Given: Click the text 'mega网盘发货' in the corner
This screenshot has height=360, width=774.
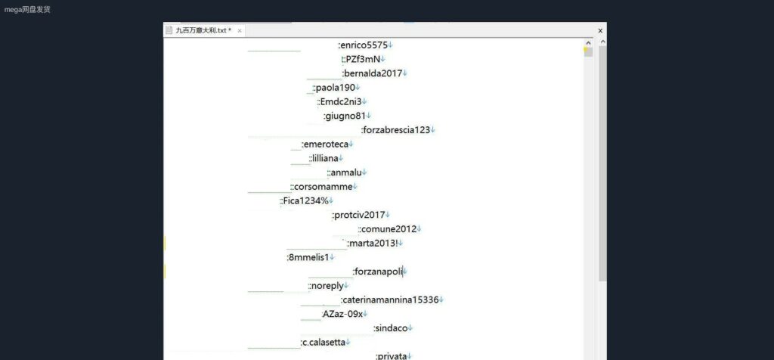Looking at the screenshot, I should (28, 10).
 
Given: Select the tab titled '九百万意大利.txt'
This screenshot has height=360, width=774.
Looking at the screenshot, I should (203, 30).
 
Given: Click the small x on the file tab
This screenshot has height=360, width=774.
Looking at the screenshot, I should (240, 31).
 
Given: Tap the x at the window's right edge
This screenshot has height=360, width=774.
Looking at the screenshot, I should (600, 31).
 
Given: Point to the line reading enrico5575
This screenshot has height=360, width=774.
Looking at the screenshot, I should (364, 45).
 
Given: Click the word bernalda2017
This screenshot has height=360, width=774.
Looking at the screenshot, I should (373, 73).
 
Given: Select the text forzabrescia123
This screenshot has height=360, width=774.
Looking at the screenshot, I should (397, 130).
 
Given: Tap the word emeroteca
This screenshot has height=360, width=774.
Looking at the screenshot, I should (326, 144).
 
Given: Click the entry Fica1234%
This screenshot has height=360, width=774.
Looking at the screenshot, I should (305, 201).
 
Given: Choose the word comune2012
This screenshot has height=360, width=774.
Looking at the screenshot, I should (388, 229).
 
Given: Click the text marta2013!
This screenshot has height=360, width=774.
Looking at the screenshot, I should (373, 244).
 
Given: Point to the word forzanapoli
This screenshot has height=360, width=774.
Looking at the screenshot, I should (378, 272).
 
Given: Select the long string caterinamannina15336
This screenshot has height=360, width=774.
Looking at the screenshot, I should (390, 300).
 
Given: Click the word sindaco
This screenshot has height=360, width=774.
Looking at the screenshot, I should (391, 328).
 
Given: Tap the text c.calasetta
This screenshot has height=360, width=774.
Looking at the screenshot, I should (324, 343).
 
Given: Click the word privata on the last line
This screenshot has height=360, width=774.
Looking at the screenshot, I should (392, 355).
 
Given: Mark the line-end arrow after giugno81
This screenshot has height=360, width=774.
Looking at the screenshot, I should (369, 116).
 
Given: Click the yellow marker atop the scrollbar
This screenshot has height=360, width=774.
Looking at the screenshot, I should (587, 51).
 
